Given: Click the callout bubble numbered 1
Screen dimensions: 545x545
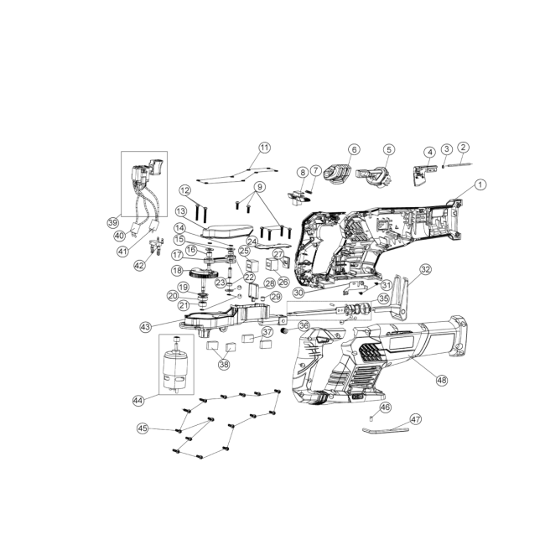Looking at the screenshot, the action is [480, 184].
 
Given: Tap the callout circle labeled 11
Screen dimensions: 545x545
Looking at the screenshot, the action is [264, 148].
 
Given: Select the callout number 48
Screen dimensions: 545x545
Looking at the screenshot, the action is [442, 380].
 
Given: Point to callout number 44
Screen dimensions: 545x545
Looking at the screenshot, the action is [138, 401].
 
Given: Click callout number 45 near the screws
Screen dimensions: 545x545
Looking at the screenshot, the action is [143, 428].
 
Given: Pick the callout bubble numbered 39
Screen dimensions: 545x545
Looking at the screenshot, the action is [112, 222].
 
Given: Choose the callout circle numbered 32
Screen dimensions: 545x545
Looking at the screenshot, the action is [425, 269].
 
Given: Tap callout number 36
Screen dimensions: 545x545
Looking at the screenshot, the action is [304, 325].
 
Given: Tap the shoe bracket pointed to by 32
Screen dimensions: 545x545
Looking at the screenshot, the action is [399, 298].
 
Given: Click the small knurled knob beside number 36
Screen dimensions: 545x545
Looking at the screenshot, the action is [285, 330].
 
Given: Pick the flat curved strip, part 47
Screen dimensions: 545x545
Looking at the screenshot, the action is [385, 431].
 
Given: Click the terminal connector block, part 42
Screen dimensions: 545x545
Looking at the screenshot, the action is [156, 247].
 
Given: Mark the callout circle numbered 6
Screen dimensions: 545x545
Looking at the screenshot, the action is [354, 149].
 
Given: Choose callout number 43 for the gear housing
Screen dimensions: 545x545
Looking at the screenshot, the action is [146, 327].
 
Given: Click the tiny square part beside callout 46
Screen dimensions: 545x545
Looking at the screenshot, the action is [371, 418].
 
